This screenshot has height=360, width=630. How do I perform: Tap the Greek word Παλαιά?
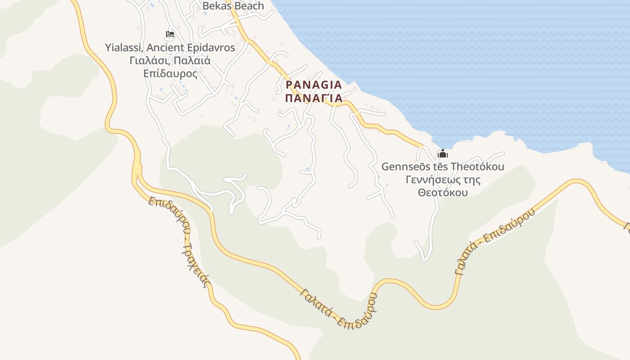(192, 60)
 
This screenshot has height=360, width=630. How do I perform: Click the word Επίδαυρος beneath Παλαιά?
(170, 73)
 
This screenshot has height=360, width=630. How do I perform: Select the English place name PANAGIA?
(314, 85)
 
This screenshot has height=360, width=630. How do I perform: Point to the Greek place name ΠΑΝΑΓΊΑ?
(314, 98)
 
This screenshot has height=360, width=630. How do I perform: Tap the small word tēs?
(438, 166)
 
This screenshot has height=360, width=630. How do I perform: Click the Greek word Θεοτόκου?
(443, 193)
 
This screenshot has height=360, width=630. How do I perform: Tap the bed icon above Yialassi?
(170, 34)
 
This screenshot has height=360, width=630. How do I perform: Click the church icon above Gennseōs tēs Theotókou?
(443, 153)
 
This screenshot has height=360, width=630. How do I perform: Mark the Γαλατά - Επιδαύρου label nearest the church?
(495, 241)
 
